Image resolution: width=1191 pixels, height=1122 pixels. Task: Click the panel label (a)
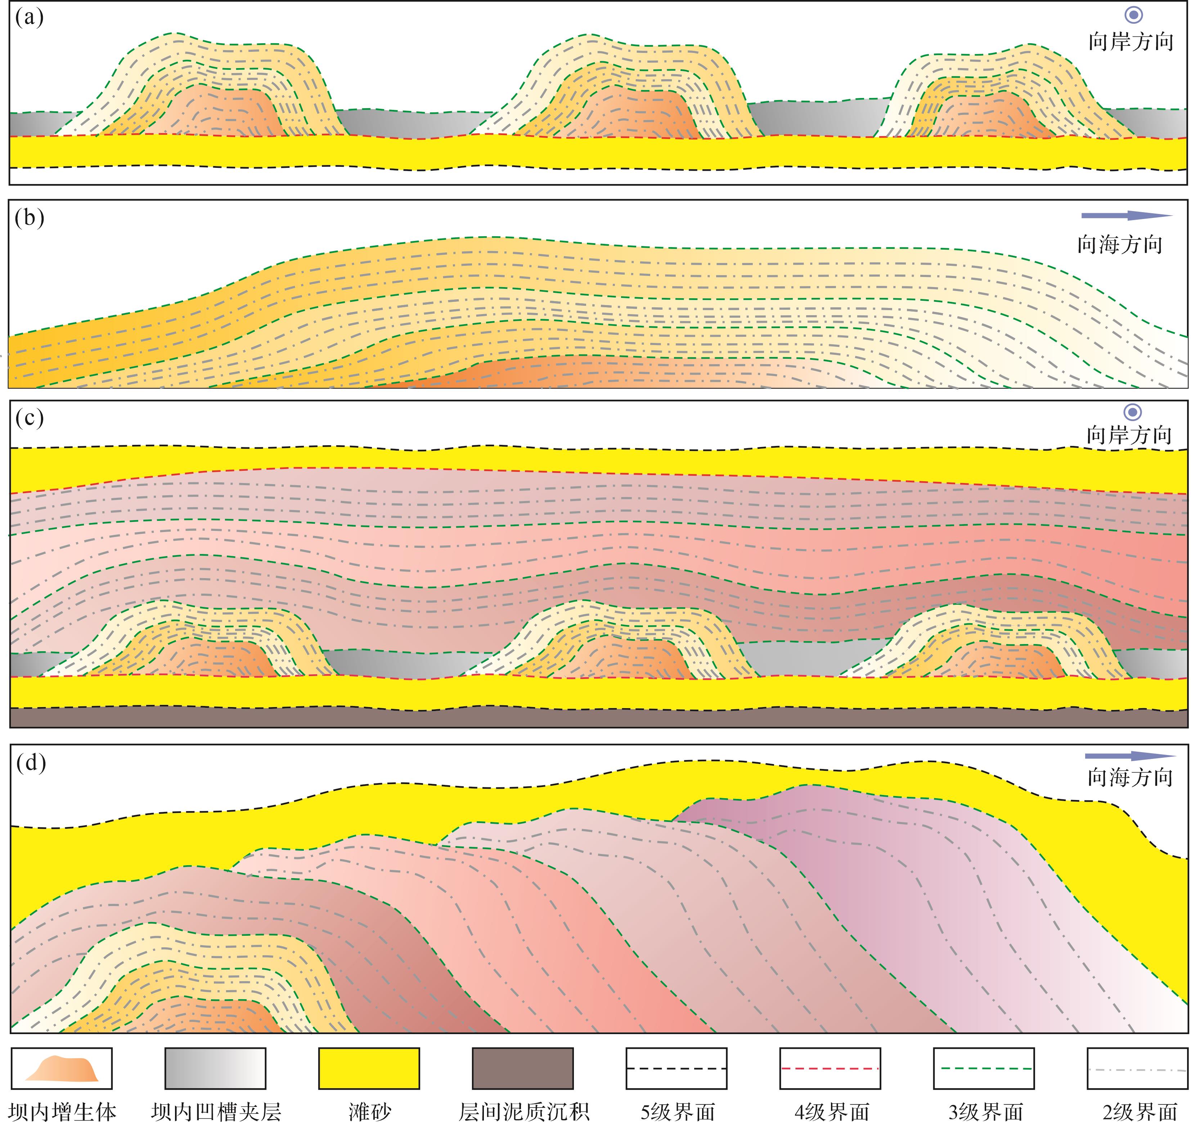[x=30, y=18]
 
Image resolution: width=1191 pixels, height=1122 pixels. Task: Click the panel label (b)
[x=30, y=218]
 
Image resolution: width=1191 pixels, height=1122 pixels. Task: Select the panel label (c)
[x=30, y=418]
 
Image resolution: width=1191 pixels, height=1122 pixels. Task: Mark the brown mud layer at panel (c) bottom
[x=599, y=718]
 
